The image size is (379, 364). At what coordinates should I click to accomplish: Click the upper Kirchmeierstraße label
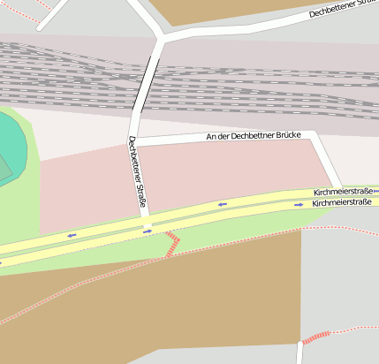pos(344,192)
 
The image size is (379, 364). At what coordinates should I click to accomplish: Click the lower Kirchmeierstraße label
pos(344,203)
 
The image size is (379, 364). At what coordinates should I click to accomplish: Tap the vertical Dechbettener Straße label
pos(137,174)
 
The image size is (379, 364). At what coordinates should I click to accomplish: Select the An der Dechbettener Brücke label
pos(254,136)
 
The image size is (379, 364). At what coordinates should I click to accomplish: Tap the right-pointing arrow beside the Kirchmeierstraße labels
pos(299,205)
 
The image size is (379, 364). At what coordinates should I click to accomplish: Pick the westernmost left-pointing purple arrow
pos(72,235)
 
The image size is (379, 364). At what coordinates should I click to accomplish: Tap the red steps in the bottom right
pos(315,337)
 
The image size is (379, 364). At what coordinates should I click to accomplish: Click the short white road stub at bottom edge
pos(299,353)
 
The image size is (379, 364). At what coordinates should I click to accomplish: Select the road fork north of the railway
pos(161,38)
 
